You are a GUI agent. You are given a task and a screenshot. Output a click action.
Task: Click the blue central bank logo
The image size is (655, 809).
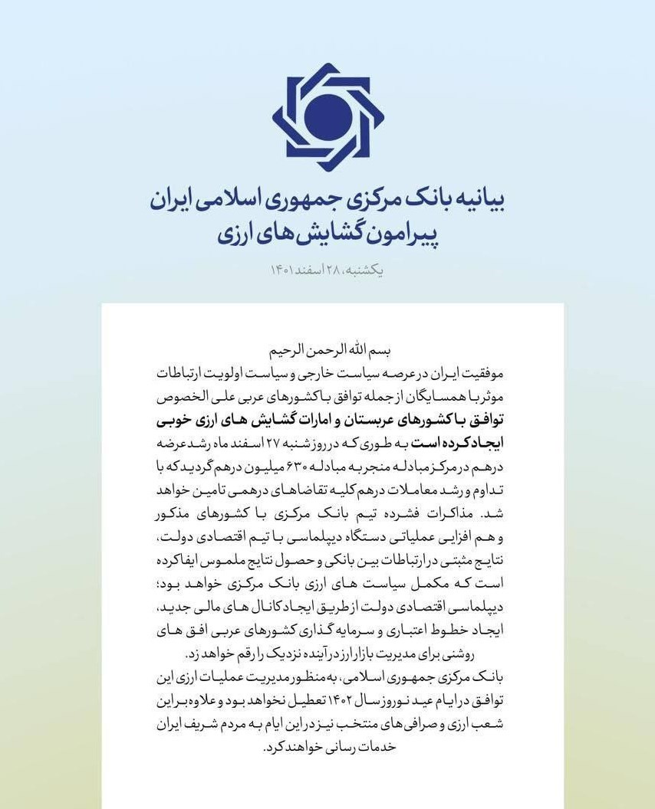point(327,117)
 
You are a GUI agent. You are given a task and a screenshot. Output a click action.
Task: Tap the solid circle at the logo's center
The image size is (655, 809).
point(327,116)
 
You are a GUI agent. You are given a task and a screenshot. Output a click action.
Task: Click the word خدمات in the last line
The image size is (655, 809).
point(375,747)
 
